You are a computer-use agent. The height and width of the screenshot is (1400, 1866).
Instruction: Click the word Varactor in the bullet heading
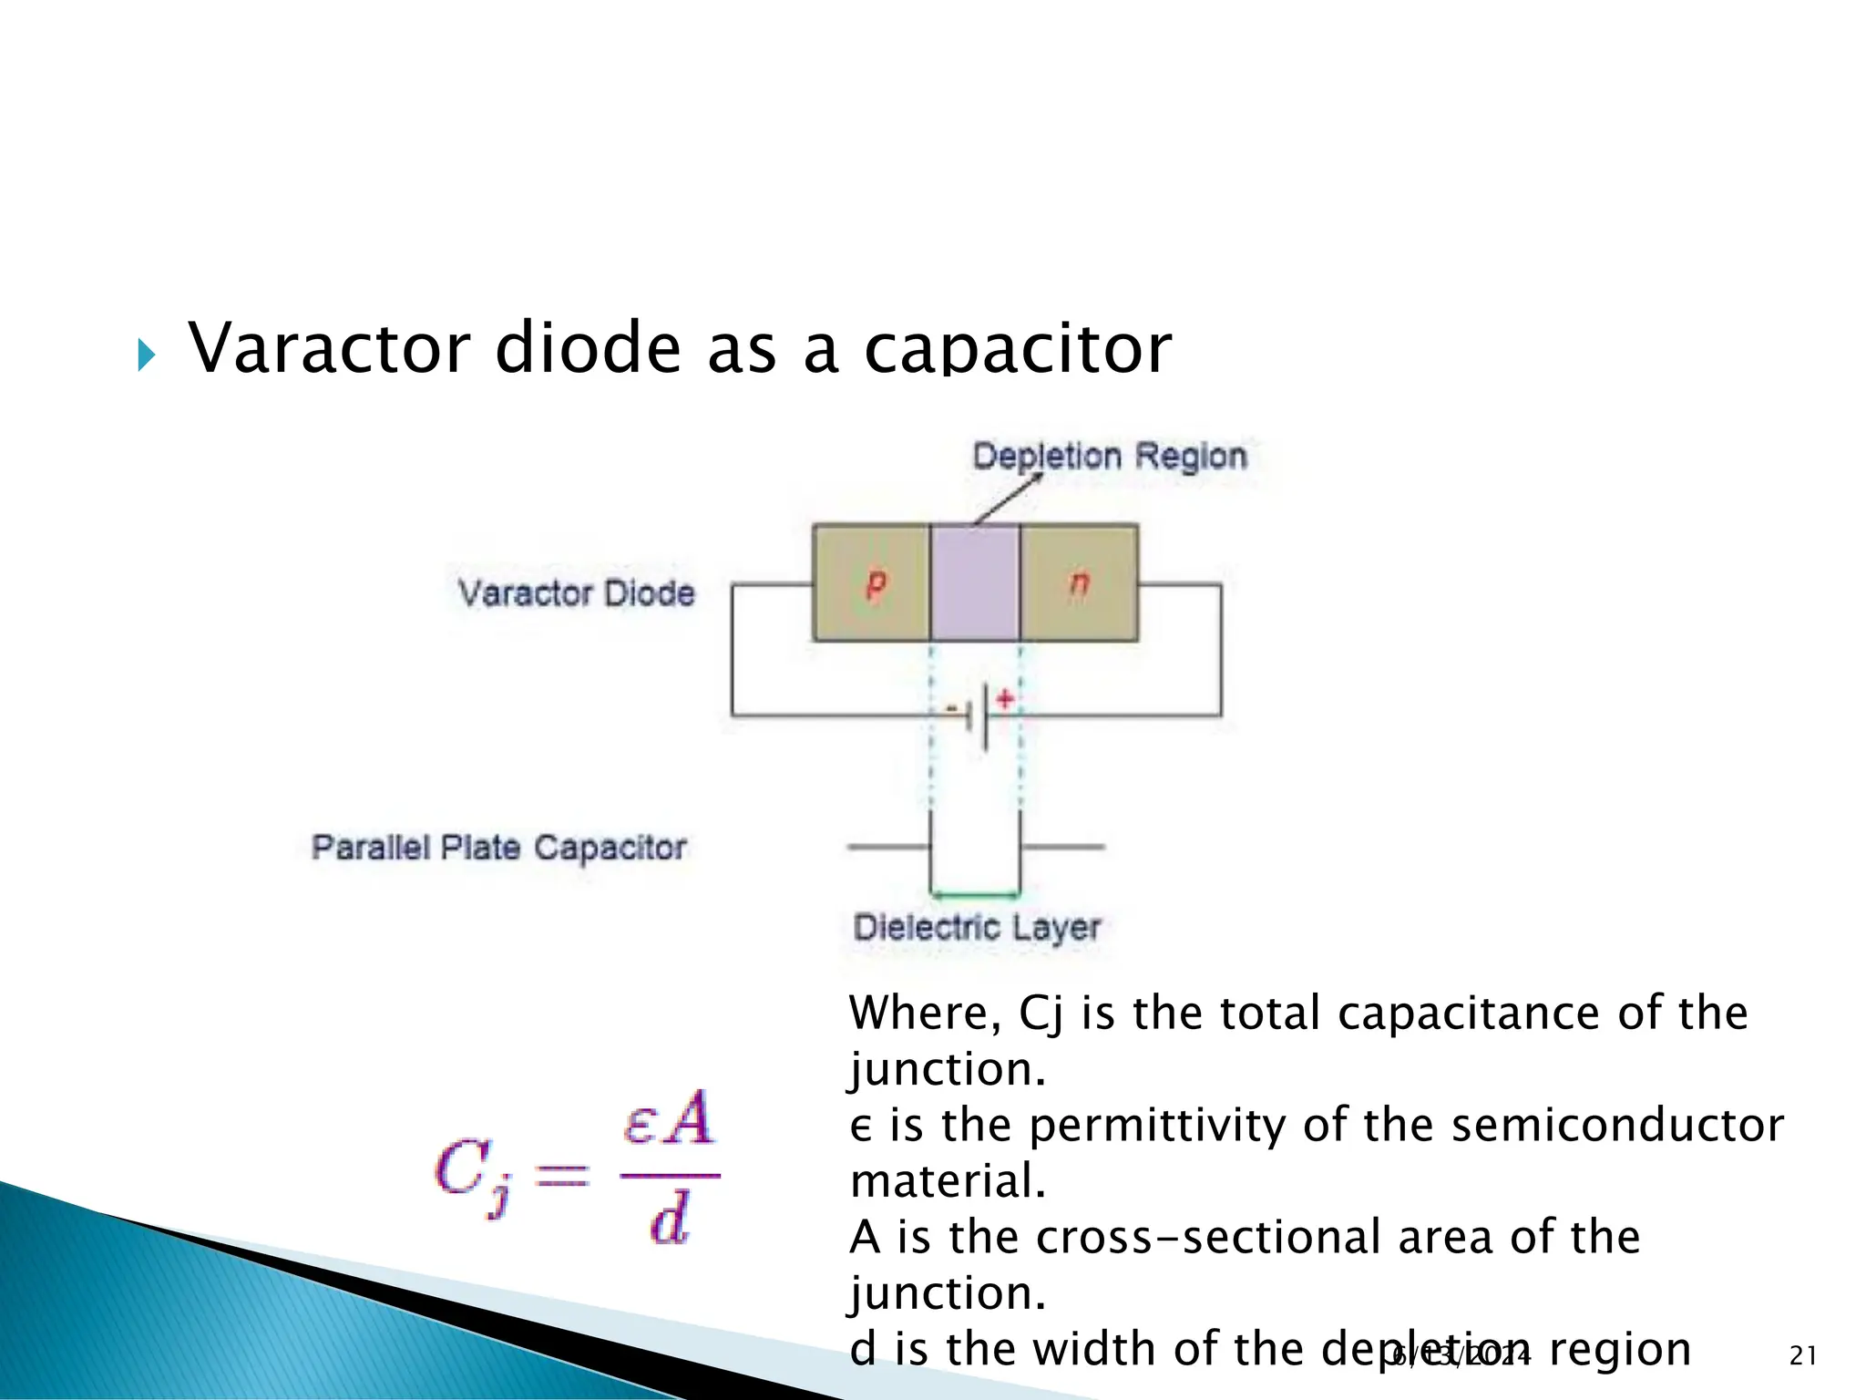(x=329, y=348)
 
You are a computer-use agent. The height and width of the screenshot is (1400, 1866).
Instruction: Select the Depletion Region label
(x=1109, y=456)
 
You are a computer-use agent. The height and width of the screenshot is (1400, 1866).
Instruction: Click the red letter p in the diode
(x=875, y=583)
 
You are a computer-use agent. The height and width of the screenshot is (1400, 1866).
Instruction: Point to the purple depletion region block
(x=975, y=583)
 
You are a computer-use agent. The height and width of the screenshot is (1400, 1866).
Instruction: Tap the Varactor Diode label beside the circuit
(x=576, y=593)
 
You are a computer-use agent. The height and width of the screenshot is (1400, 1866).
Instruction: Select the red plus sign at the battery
(x=1005, y=699)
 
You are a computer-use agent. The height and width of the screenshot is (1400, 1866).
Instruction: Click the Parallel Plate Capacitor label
(x=498, y=848)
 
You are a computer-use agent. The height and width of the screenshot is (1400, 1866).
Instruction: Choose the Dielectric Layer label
(x=977, y=928)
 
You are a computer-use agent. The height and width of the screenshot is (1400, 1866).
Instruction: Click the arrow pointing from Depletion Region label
(x=1008, y=499)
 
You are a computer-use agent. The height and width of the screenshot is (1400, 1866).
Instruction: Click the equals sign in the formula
(x=561, y=1176)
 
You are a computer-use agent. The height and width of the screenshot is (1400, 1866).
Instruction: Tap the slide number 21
(x=1803, y=1356)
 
